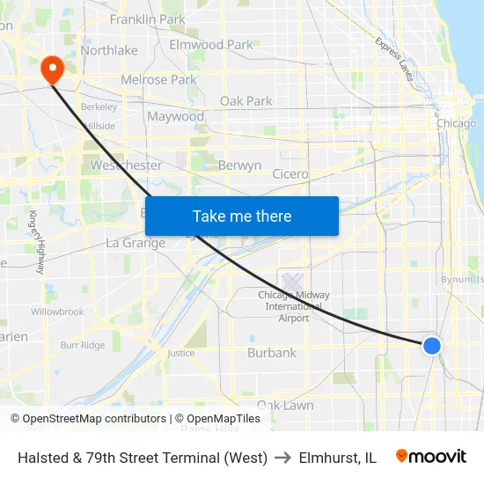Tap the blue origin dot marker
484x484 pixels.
(x=431, y=345)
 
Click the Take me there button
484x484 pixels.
(x=242, y=216)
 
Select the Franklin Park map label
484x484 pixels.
(x=147, y=18)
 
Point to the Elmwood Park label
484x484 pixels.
(x=210, y=44)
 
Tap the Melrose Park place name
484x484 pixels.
(x=158, y=79)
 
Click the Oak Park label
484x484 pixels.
(x=246, y=101)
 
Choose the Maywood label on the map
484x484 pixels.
(x=175, y=116)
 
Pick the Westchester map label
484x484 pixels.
(x=126, y=165)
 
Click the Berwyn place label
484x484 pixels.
(x=239, y=165)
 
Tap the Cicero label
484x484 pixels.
(x=290, y=174)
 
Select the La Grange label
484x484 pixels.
(x=136, y=243)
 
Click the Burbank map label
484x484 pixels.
(x=272, y=353)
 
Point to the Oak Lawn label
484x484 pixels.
(x=285, y=406)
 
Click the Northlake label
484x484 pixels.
(x=109, y=50)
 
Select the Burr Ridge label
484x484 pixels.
(x=82, y=346)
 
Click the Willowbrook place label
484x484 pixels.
(x=57, y=312)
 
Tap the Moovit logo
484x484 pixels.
(x=431, y=457)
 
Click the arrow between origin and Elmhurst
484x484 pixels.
(x=283, y=458)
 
